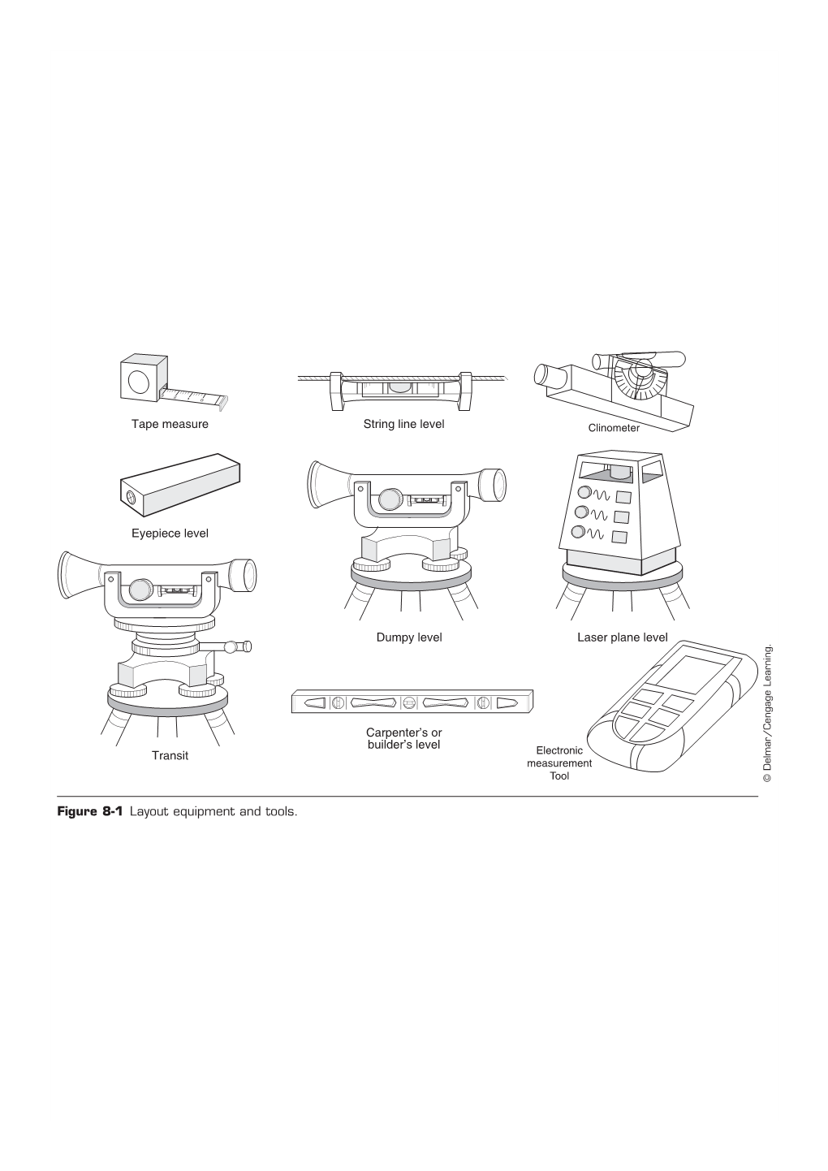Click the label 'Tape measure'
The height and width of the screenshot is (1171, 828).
click(170, 424)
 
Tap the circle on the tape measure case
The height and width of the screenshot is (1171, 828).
click(139, 382)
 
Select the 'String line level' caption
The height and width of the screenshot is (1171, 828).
click(403, 424)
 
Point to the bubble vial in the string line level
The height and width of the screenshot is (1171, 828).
click(399, 387)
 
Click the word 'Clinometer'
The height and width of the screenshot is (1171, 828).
click(614, 428)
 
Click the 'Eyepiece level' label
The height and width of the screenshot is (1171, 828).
click(170, 534)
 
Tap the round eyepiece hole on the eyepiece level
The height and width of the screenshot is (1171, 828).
click(130, 496)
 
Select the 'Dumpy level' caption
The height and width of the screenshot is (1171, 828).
click(409, 637)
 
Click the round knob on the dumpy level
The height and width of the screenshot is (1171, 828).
click(390, 499)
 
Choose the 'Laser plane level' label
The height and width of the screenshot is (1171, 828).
click(623, 637)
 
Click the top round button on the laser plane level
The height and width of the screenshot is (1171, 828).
click(584, 492)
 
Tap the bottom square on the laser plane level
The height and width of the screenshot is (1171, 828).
click(619, 537)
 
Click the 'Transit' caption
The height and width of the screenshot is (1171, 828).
click(170, 755)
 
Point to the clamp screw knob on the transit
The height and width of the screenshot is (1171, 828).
click(230, 647)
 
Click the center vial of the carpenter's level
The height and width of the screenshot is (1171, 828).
click(409, 703)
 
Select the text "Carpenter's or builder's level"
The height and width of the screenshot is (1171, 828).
click(404, 738)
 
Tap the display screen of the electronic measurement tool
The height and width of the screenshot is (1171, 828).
click(690, 675)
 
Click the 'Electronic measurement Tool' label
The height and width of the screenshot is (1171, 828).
click(559, 763)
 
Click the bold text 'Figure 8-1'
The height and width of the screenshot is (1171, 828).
click(89, 811)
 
